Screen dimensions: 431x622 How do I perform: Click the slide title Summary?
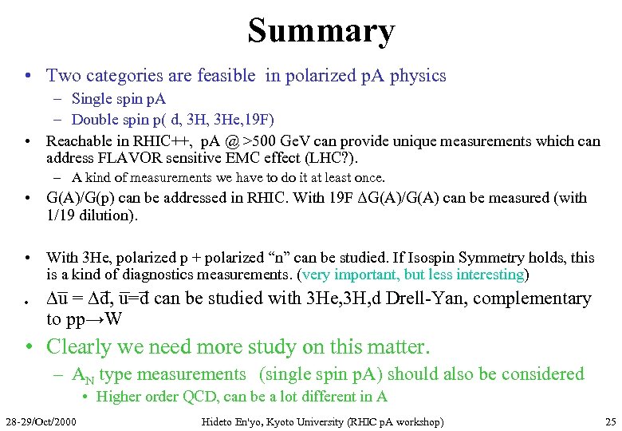[x=321, y=30]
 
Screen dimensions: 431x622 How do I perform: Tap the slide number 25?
[x=610, y=421]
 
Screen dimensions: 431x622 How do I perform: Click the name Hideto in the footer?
[x=218, y=421]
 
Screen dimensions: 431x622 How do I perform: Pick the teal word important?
[x=368, y=274]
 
